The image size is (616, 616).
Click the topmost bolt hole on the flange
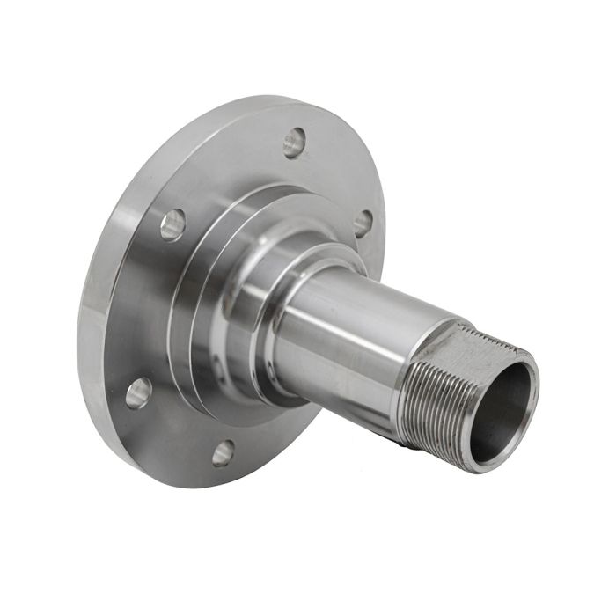pyautogui.click(x=295, y=142)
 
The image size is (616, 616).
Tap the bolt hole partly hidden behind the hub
pyautogui.click(x=362, y=223)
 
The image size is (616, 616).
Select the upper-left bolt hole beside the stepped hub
pyautogui.click(x=172, y=224)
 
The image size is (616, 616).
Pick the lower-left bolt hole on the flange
pyautogui.click(x=138, y=392)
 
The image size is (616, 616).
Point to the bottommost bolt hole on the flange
pyautogui.click(x=224, y=452)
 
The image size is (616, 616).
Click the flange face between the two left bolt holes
pyautogui.click(x=145, y=308)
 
